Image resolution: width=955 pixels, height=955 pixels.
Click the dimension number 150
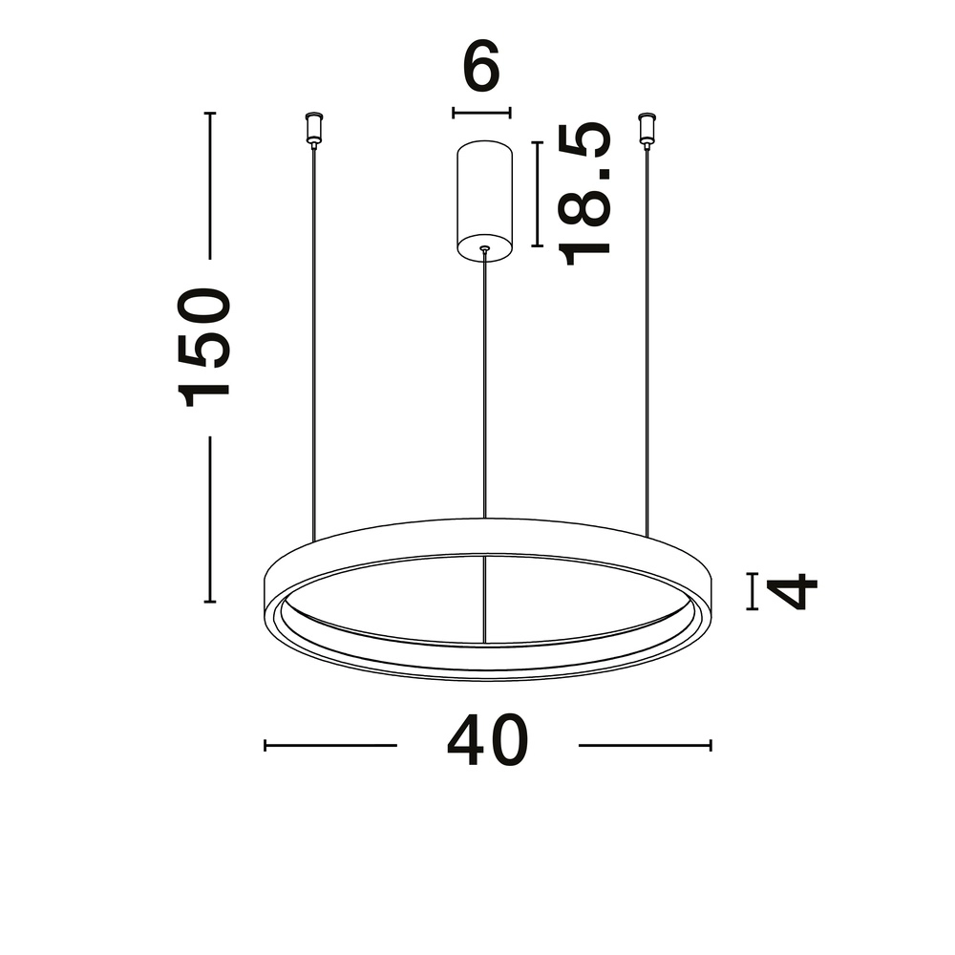coord(207,347)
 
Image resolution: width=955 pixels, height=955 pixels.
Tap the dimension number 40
coord(487,741)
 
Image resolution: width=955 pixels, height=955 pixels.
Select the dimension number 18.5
coord(584,194)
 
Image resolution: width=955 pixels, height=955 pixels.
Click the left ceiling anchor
coord(312,128)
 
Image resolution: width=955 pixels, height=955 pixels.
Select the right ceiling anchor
coord(647,128)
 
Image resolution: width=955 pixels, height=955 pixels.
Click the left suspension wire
coord(313,334)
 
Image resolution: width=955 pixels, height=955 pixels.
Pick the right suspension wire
coord(647,334)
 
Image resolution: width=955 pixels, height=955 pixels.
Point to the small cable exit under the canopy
coord(484,251)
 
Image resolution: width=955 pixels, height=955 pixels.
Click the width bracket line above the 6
coord(481,113)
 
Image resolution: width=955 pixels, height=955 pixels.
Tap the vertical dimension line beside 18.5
coord(537,194)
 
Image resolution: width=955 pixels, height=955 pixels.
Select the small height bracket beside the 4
coord(753,591)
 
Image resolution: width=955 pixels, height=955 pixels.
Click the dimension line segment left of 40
coord(329,745)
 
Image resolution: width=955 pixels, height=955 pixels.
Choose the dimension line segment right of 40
coord(645,745)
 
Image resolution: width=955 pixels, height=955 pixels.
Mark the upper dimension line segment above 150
coord(210,186)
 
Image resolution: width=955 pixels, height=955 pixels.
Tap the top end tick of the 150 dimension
coord(210,114)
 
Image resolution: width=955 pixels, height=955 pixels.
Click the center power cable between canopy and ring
coord(484,382)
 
